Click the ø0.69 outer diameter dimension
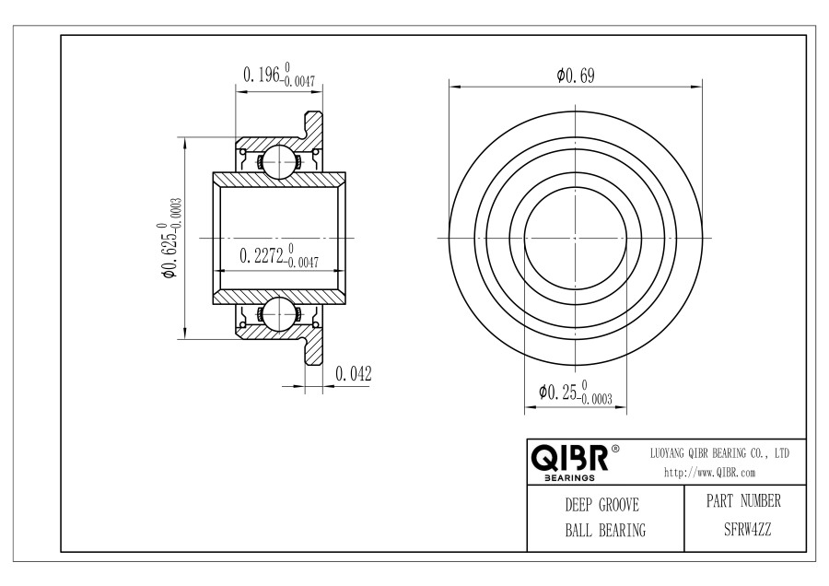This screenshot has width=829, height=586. tap(575, 76)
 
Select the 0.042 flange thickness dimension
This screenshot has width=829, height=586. tap(353, 373)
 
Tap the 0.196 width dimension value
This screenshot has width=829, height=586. tap(278, 75)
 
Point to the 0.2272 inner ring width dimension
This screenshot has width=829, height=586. tap(278, 256)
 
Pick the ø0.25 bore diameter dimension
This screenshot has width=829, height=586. tap(575, 393)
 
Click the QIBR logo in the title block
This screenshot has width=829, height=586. tap(570, 458)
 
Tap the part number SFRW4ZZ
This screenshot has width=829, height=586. tap(747, 529)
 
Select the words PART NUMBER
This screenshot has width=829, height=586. tap(743, 501)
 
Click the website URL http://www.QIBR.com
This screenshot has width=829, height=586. tap(709, 473)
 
